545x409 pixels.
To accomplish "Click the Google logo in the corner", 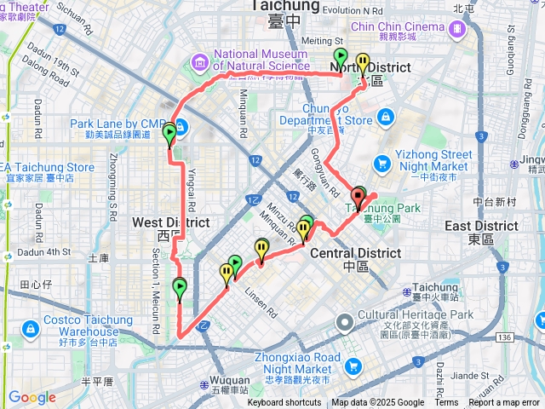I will tap(32, 397).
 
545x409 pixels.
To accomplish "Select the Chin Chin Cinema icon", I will tap(459, 28).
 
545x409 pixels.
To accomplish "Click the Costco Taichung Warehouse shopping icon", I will tap(31, 327).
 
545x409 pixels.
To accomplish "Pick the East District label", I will tap(482, 226).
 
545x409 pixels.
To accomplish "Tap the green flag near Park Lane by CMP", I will tap(169, 134).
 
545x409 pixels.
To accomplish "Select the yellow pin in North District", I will tap(364, 64).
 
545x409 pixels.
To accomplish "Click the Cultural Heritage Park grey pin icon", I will tap(345, 322).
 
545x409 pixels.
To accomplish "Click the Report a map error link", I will tap(503, 403).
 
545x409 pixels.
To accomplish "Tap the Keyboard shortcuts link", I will tap(284, 403).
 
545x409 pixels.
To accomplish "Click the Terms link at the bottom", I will tap(446, 403).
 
